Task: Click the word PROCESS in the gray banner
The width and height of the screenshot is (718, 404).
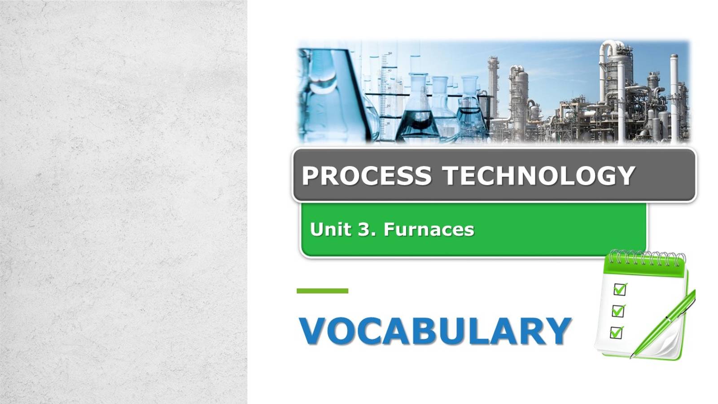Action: click(x=366, y=175)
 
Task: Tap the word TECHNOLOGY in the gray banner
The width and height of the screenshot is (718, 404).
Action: click(x=539, y=175)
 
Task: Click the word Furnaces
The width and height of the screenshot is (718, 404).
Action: click(x=429, y=229)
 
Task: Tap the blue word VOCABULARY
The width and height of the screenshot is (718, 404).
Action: click(x=435, y=331)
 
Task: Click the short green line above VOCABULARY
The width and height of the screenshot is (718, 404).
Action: click(x=322, y=291)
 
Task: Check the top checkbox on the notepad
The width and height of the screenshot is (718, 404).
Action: click(x=620, y=290)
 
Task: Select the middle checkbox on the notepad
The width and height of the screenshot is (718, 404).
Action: click(x=618, y=311)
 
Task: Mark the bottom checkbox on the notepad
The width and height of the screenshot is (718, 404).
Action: click(x=617, y=333)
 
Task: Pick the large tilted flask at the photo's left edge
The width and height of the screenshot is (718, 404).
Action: click(x=332, y=94)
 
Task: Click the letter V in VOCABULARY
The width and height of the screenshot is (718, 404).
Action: click(x=316, y=331)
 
